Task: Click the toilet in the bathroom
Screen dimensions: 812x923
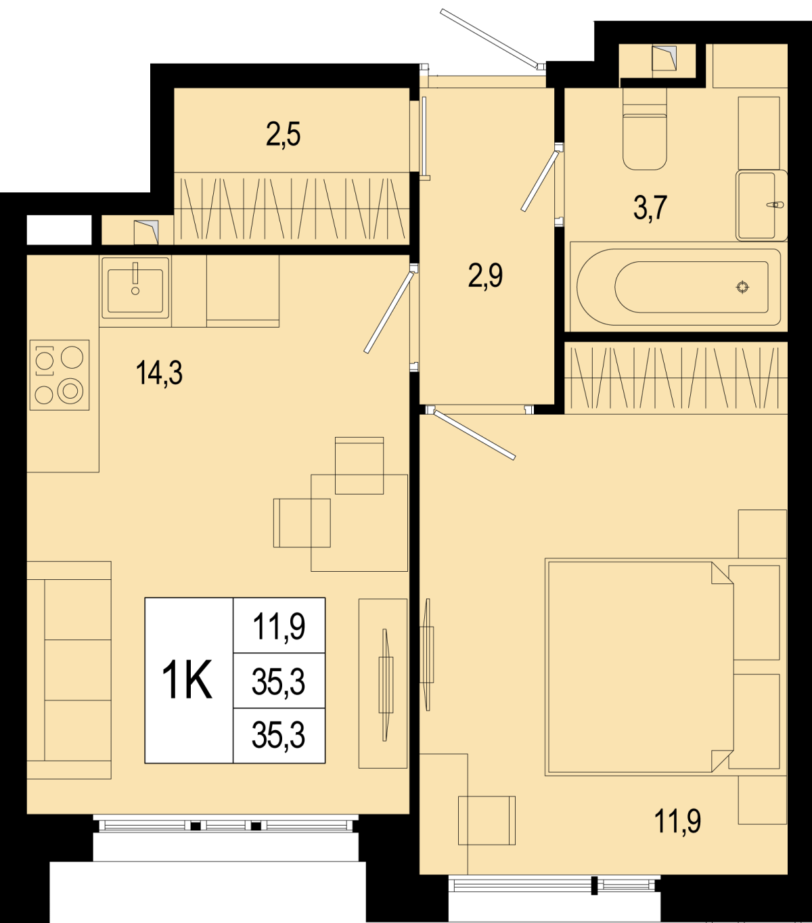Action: tap(644, 129)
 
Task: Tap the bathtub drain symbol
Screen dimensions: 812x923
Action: tap(743, 287)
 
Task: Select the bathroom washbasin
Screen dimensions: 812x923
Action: tap(762, 206)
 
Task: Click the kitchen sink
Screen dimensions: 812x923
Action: tap(135, 287)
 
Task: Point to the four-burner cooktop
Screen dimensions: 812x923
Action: tap(60, 375)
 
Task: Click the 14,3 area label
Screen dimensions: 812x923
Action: tap(159, 374)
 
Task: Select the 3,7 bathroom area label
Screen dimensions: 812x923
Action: tap(650, 208)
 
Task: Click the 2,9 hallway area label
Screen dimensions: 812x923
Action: tap(485, 275)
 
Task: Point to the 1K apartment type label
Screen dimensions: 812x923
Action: tap(187, 681)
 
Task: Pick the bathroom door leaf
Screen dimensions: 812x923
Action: tap(540, 181)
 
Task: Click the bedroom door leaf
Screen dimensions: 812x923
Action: tap(474, 434)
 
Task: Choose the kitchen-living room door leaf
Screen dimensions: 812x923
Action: tap(388, 312)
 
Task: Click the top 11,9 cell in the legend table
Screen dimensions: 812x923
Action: tap(279, 626)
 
